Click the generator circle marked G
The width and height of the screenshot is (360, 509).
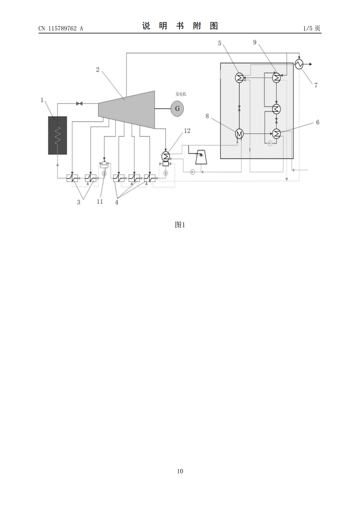[x=177, y=109]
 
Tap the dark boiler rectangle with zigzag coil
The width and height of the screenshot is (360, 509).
[x=57, y=135]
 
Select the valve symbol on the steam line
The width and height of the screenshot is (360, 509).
[x=79, y=104]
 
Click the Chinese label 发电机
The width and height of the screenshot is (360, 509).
[x=181, y=94]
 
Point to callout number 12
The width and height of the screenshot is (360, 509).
[x=187, y=131]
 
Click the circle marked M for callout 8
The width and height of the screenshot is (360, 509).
[x=239, y=134]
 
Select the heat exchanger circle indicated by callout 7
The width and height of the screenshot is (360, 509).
[x=299, y=64]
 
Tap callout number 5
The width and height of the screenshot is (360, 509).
[x=220, y=43]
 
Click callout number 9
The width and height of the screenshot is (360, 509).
[x=255, y=42]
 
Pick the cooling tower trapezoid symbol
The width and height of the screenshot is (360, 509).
[x=201, y=157]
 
